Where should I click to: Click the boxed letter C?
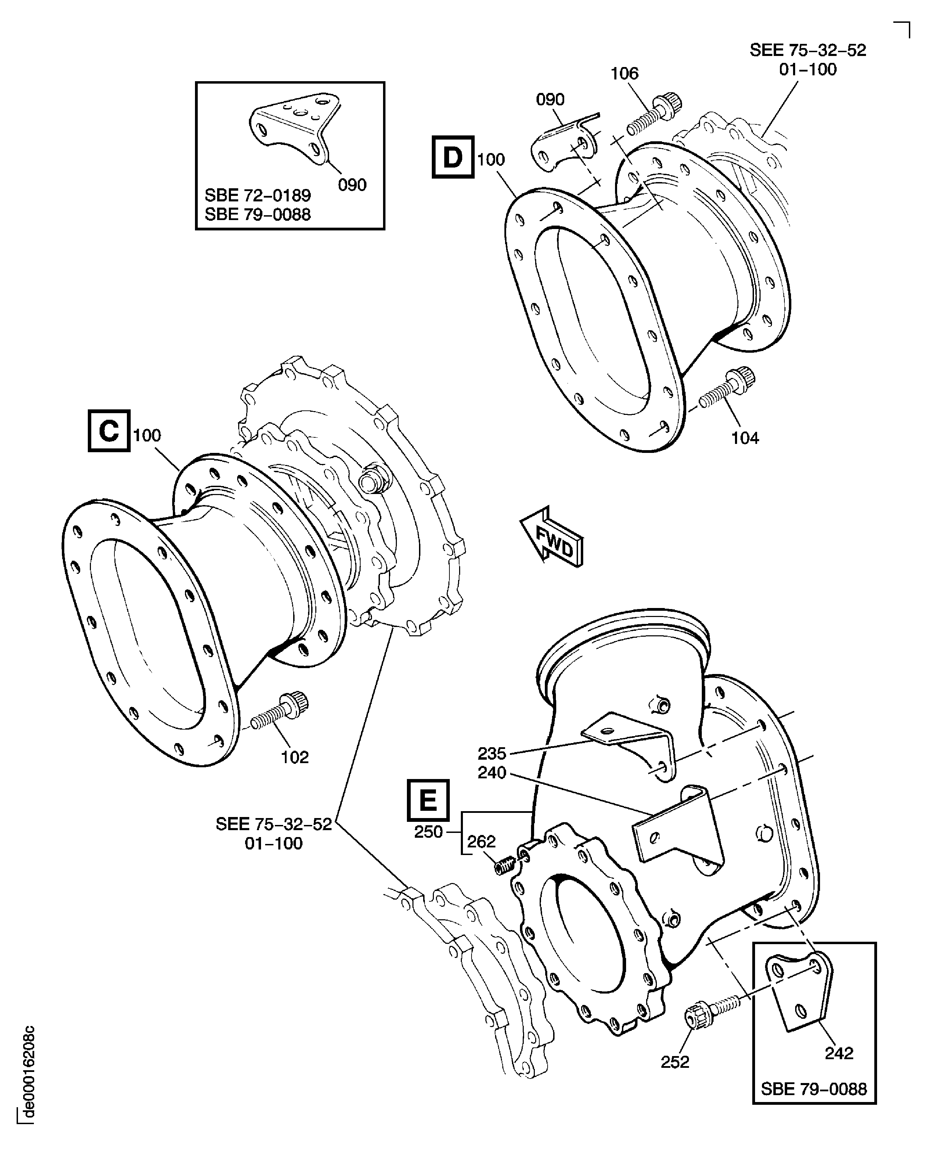(109, 431)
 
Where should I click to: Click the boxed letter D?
(453, 157)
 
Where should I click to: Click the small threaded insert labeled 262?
(505, 864)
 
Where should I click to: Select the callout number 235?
(492, 753)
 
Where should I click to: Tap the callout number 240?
(492, 773)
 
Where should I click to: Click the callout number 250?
(428, 832)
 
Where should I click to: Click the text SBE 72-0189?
(258, 195)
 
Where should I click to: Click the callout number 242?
(839, 1053)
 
